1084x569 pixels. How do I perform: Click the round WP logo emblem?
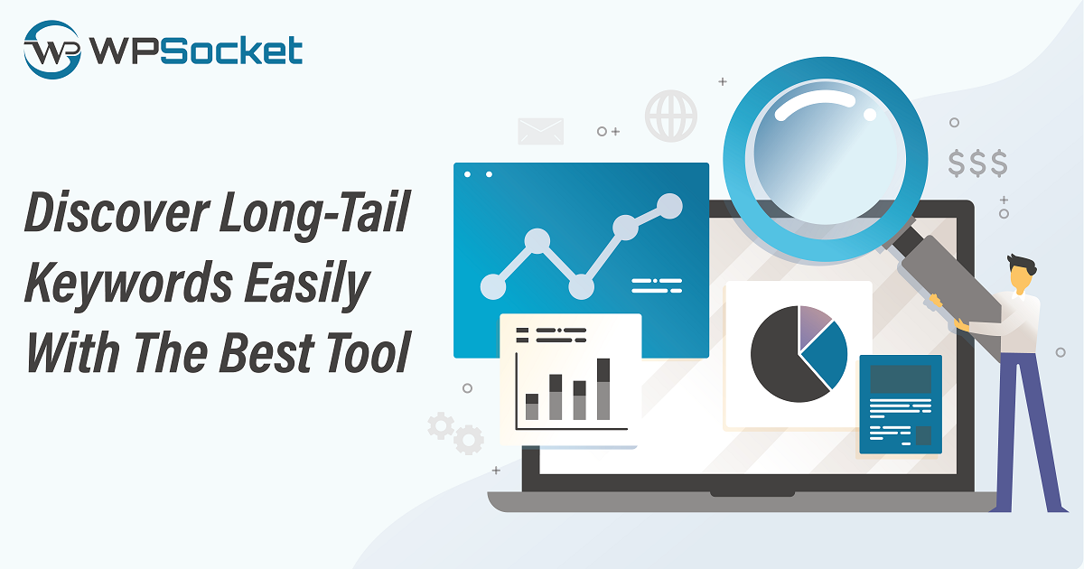pyautogui.click(x=51, y=50)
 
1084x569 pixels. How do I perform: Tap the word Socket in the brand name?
pyautogui.click(x=231, y=50)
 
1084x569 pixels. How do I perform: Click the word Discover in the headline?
pyautogui.click(x=117, y=212)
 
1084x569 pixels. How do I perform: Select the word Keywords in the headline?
pyautogui.click(x=128, y=283)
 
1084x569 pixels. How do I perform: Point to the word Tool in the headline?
pyautogui.click(x=368, y=352)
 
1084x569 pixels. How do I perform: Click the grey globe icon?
pyautogui.click(x=670, y=116)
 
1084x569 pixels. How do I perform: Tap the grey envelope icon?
pyautogui.click(x=540, y=131)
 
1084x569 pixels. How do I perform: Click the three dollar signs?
pyautogui.click(x=977, y=163)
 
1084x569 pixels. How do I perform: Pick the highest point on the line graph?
pyautogui.click(x=669, y=206)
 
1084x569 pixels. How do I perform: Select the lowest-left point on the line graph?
pyautogui.click(x=493, y=286)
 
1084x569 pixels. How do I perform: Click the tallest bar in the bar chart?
pyautogui.click(x=603, y=389)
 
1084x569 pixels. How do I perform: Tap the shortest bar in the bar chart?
pyautogui.click(x=532, y=406)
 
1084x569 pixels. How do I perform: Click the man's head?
pyautogui.click(x=1022, y=274)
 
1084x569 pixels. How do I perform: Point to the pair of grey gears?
pyautogui.click(x=455, y=433)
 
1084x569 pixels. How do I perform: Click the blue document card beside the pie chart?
pyautogui.click(x=901, y=405)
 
